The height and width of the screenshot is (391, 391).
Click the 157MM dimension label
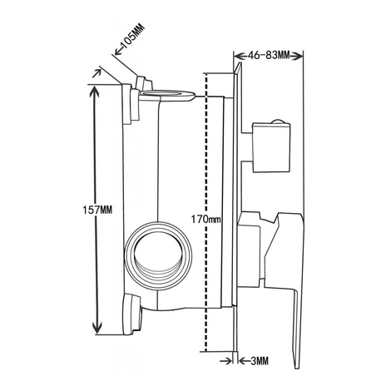click(x=97, y=210)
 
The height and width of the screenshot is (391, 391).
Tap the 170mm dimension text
click(x=206, y=220)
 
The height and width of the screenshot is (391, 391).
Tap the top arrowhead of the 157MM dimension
click(x=95, y=90)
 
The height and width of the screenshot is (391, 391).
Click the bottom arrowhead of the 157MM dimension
click(x=97, y=329)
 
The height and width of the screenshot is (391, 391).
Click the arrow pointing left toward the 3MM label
click(x=244, y=361)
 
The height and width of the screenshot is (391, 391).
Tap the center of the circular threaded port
click(x=158, y=255)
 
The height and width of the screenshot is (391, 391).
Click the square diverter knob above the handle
click(x=271, y=147)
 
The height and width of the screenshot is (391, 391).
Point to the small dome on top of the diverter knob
click(x=278, y=121)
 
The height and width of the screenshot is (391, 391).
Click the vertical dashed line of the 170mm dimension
click(x=205, y=213)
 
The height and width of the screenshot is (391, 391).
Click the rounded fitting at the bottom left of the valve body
click(x=132, y=314)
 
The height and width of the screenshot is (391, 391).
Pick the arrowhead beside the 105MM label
click(x=119, y=51)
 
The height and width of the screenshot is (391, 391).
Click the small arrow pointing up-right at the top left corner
click(x=97, y=73)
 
